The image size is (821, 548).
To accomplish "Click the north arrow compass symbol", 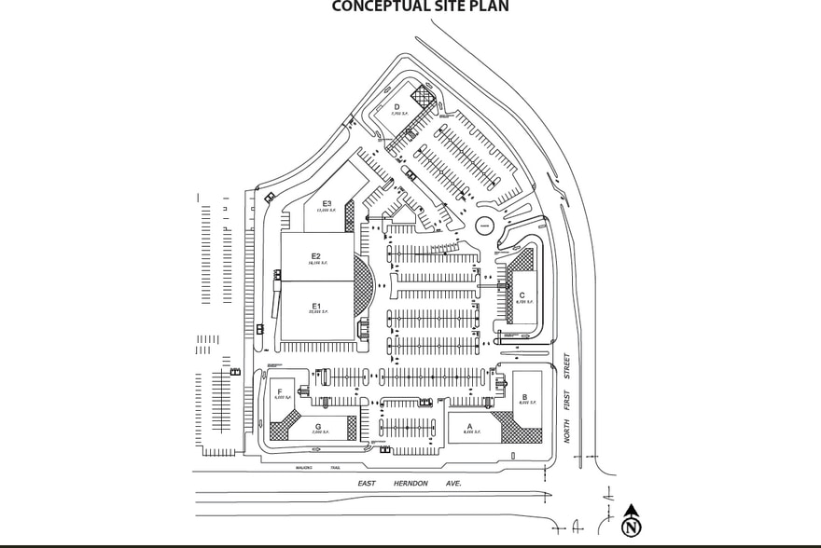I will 633,522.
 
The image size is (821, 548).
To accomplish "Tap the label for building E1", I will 316,307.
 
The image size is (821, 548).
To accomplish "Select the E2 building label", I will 316,256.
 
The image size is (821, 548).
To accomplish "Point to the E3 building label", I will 327,203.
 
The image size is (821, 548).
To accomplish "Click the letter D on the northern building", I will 396,107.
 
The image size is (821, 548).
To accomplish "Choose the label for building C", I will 522,296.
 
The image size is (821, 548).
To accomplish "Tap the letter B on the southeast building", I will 524,397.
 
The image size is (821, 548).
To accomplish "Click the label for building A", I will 469,425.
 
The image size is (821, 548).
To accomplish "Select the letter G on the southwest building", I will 317,426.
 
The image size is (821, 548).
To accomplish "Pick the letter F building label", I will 280,392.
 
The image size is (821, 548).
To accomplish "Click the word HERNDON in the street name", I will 411,484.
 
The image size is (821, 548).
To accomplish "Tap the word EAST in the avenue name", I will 367,484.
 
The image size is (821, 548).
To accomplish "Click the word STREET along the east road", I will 566,365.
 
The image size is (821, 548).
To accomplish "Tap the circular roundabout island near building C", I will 485,226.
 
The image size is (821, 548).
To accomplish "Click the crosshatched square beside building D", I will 424,95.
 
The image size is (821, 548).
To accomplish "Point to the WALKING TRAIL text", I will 317,467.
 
